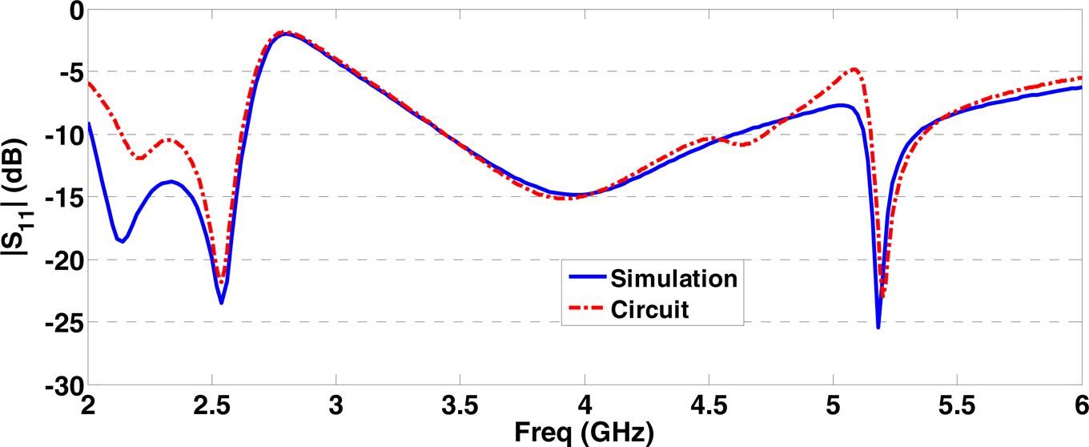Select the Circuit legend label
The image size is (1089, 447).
click(x=649, y=309)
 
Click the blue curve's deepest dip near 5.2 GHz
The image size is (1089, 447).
click(x=878, y=327)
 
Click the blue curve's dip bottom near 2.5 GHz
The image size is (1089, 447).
click(x=221, y=303)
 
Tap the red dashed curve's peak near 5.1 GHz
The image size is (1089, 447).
click(x=855, y=69)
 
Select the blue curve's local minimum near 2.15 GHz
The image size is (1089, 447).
click(x=123, y=241)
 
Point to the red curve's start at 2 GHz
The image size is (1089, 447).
click(x=89, y=83)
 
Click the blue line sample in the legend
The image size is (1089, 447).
click(x=585, y=279)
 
